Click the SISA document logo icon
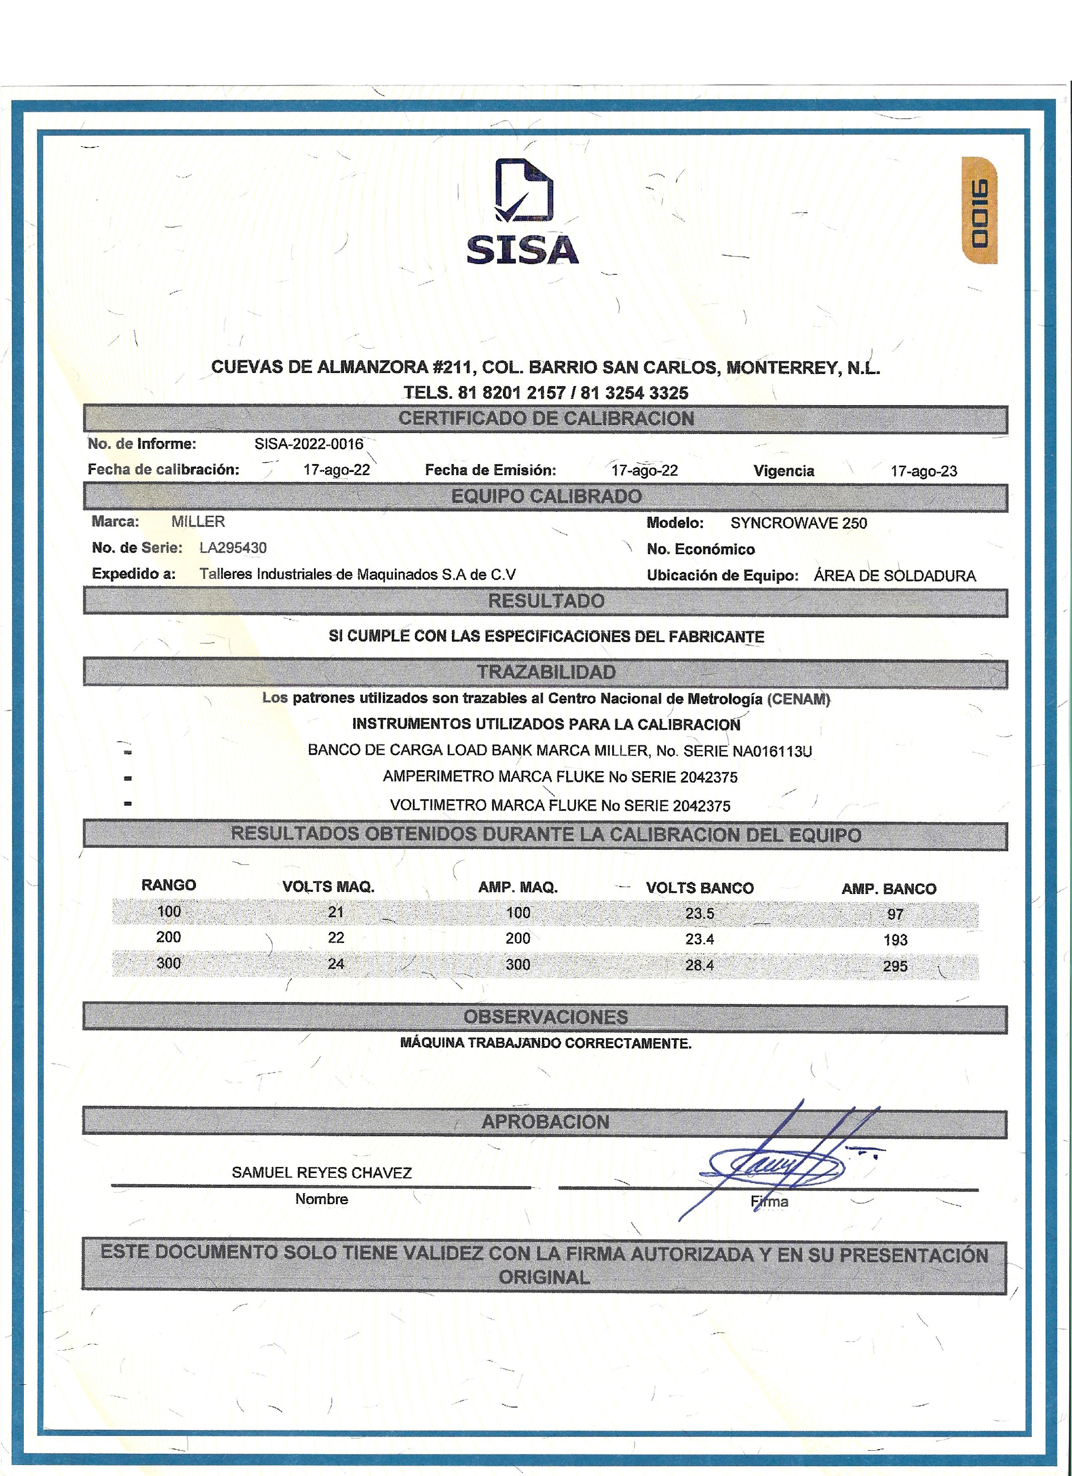523,192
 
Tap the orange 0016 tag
978,211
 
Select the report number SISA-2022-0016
309,444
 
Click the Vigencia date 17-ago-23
923,471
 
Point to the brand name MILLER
198,521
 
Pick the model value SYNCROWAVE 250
798,523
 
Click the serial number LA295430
233,548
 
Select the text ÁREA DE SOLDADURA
894,576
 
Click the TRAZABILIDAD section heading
546,672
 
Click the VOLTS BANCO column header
700,888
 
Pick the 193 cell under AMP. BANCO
895,940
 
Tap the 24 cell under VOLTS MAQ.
336,964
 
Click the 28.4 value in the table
700,965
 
